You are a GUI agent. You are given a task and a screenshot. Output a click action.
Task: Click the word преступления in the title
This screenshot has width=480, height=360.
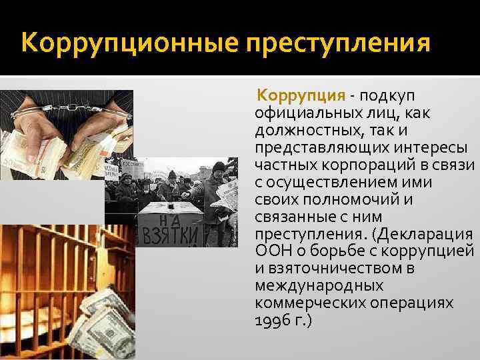pos(339,45)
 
